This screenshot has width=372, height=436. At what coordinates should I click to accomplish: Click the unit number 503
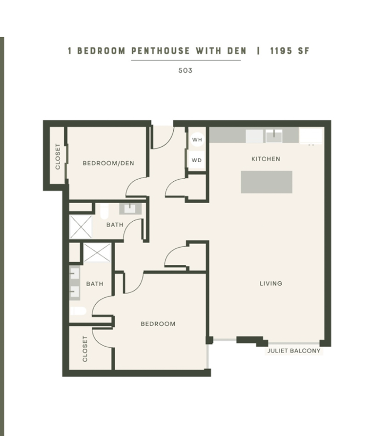pos(185,70)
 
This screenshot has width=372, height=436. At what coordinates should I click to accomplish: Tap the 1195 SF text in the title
pos(290,51)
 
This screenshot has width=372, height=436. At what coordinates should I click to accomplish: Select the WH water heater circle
pos(197,139)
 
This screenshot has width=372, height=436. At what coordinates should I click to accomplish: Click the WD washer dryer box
pos(197,160)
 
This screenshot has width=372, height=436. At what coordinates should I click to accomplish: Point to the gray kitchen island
pos(266,182)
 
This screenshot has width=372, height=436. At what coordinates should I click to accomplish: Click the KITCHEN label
pos(266,159)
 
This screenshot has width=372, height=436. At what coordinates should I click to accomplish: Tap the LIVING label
pos(271,283)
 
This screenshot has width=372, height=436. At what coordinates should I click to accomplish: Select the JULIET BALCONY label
pos(294,351)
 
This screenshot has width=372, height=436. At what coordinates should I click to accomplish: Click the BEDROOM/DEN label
pos(108,163)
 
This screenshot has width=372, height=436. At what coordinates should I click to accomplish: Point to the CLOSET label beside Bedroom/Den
pos(58,156)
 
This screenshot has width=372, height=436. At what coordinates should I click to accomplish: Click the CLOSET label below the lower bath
pos(85,349)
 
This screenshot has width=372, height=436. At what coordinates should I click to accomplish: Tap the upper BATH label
pos(115,225)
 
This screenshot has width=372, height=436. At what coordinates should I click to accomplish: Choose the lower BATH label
pos(95,284)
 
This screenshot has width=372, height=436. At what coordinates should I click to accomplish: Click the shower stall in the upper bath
pos(81,227)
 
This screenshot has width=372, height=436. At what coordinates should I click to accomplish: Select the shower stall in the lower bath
pos(97,253)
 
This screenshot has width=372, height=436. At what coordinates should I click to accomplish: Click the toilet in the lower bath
pos(78,311)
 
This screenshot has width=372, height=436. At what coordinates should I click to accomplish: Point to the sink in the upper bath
pos(130,208)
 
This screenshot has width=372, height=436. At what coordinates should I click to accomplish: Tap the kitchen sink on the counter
pos(274,136)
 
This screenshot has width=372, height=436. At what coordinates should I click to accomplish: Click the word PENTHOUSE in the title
pos(160,51)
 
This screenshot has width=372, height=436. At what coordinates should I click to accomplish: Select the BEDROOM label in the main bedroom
pos(158,324)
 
